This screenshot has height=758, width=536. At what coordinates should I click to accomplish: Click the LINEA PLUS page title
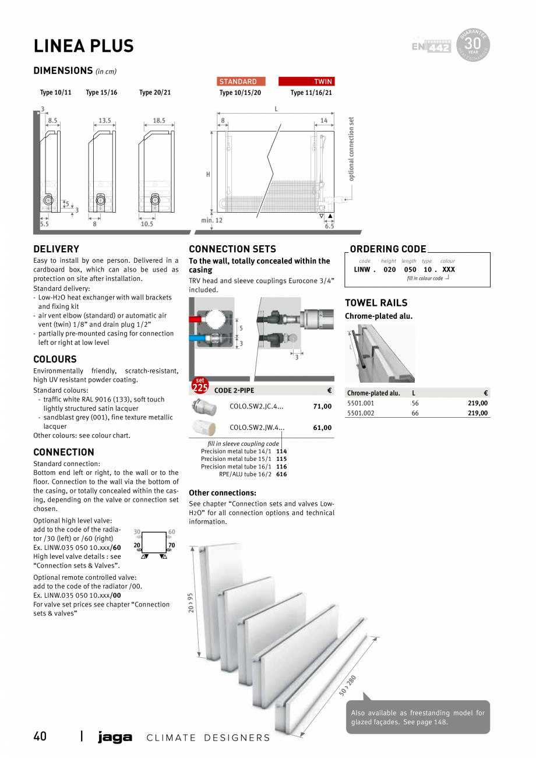(x=83, y=46)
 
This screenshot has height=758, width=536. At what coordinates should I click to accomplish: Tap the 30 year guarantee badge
(x=474, y=44)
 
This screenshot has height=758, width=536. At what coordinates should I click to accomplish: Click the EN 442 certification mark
(x=431, y=47)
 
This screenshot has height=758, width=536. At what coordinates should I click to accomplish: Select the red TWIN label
(x=306, y=82)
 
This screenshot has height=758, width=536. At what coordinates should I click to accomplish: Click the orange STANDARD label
(x=241, y=82)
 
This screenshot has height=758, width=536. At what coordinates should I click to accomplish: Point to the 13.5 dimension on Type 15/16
(x=104, y=121)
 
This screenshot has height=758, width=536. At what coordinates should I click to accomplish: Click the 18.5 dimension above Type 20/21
(x=158, y=121)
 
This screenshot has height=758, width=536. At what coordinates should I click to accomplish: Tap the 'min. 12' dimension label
(x=211, y=221)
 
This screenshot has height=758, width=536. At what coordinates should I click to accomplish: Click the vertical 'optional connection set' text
(x=351, y=149)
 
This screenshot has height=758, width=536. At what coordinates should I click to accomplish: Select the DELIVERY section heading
(x=56, y=249)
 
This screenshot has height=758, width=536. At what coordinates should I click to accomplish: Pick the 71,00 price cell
(x=322, y=407)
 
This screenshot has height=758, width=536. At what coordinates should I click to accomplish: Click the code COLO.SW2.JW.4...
(x=256, y=428)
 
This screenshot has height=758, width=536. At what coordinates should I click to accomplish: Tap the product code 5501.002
(x=361, y=413)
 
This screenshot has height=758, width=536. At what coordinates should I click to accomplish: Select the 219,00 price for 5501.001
(x=477, y=403)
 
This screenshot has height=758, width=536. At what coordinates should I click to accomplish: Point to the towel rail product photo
(x=380, y=354)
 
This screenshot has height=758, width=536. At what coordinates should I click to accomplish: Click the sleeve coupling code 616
(x=281, y=474)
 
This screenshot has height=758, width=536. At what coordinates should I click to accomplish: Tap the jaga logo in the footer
(x=115, y=737)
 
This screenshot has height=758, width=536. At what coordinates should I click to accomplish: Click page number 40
(x=40, y=736)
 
